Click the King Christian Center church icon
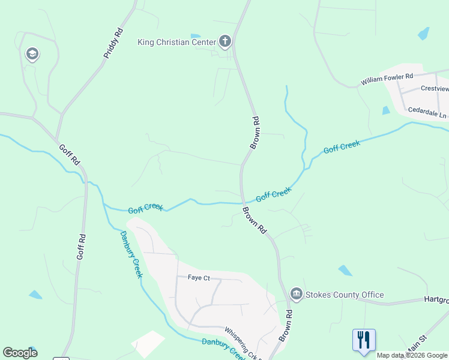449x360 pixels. click(x=225, y=41)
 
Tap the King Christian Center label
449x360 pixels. click(x=177, y=42)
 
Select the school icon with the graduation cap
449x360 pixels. click(x=32, y=55)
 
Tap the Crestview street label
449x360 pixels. click(x=434, y=88)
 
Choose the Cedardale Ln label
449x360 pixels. click(x=427, y=112)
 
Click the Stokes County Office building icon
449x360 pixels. click(x=296, y=294)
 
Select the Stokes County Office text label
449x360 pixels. click(x=345, y=295)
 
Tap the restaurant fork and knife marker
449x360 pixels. click(x=364, y=340)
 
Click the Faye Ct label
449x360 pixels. click(x=199, y=278)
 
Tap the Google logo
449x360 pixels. click(x=20, y=353)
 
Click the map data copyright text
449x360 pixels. click(x=412, y=355)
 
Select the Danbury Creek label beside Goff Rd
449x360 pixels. click(x=130, y=254)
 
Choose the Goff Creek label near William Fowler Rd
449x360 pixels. click(x=342, y=146)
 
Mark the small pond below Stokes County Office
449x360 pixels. click(x=345, y=270)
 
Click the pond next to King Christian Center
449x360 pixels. click(x=195, y=36)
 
